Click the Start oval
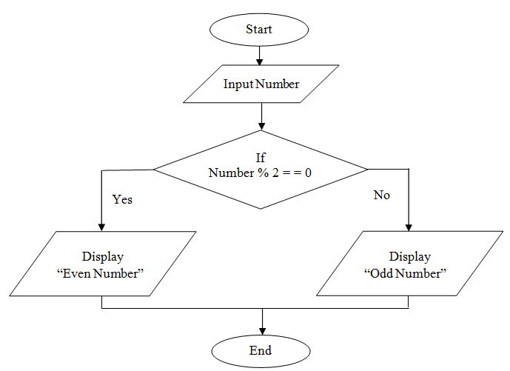pyautogui.click(x=259, y=30)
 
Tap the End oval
pyautogui.click(x=261, y=350)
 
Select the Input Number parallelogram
pyautogui.click(x=261, y=84)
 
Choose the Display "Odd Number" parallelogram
pyautogui.click(x=409, y=264)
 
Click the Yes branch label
pyautogui.click(x=122, y=199)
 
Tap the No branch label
pyautogui.click(x=381, y=195)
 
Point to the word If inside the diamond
pyautogui.click(x=260, y=158)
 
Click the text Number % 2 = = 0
pyautogui.click(x=260, y=173)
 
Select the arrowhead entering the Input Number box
pyautogui.click(x=260, y=61)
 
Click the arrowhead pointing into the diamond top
pyautogui.click(x=261, y=127)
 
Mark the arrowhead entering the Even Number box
pyautogui.click(x=101, y=227)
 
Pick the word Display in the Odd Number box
pyautogui.click(x=410, y=257)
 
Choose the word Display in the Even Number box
pyautogui.click(x=102, y=257)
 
